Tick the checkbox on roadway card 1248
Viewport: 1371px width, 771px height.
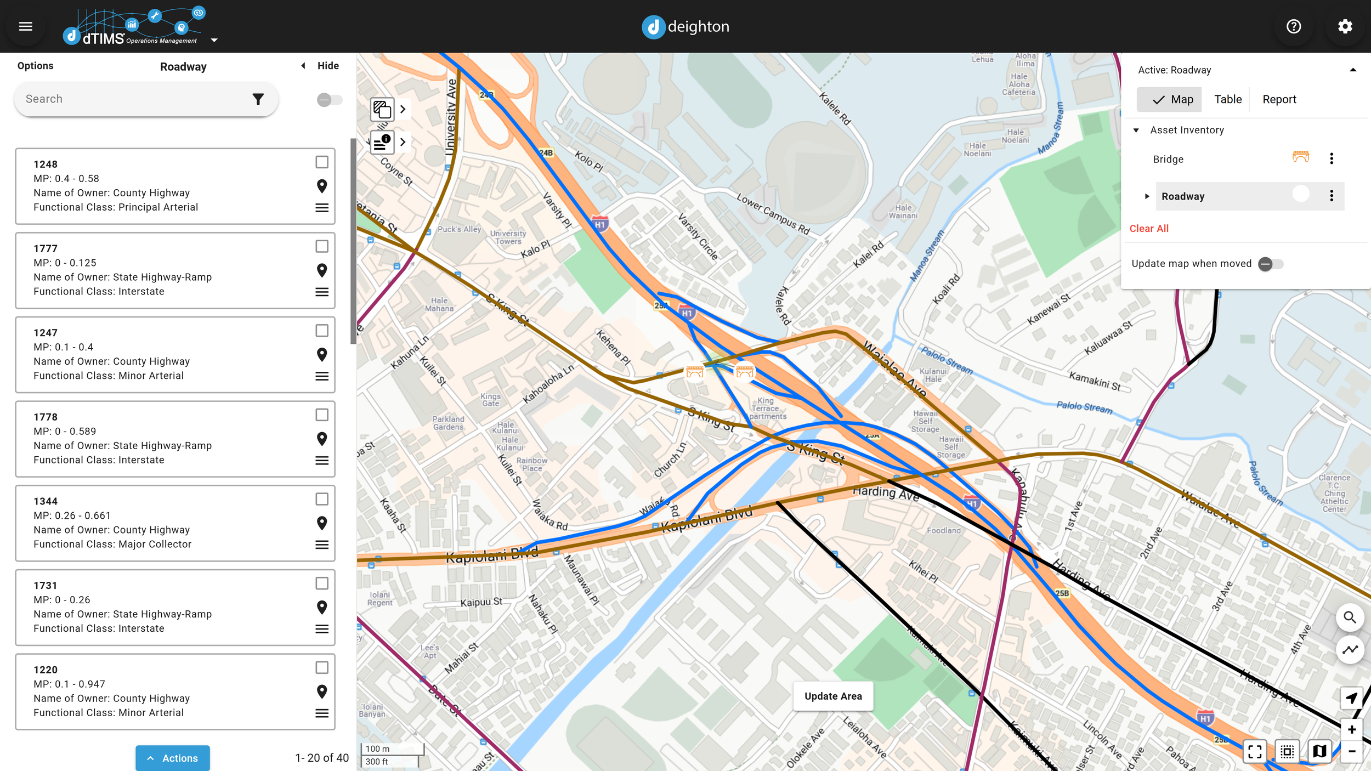point(322,162)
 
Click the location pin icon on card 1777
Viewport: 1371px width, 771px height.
point(322,270)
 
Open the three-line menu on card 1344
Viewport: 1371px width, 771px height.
point(322,545)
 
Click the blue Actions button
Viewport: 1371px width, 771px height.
point(173,758)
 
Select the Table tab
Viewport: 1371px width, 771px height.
point(1227,99)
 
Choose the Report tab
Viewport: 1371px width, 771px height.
point(1279,99)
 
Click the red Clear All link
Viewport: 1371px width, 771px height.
point(1149,229)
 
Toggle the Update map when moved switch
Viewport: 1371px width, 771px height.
point(1270,264)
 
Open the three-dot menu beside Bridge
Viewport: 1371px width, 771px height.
point(1332,159)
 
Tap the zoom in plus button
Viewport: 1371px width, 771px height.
point(1351,729)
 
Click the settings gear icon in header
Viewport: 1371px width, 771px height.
point(1345,26)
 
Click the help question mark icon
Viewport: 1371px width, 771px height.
point(1294,26)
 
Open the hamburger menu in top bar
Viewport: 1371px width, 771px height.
point(26,26)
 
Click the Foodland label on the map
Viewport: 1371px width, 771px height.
point(943,530)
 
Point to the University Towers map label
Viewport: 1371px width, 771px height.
point(508,237)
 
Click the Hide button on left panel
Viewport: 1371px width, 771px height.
point(327,66)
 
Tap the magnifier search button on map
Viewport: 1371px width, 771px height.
point(1350,617)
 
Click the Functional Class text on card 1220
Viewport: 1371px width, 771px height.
point(109,712)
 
